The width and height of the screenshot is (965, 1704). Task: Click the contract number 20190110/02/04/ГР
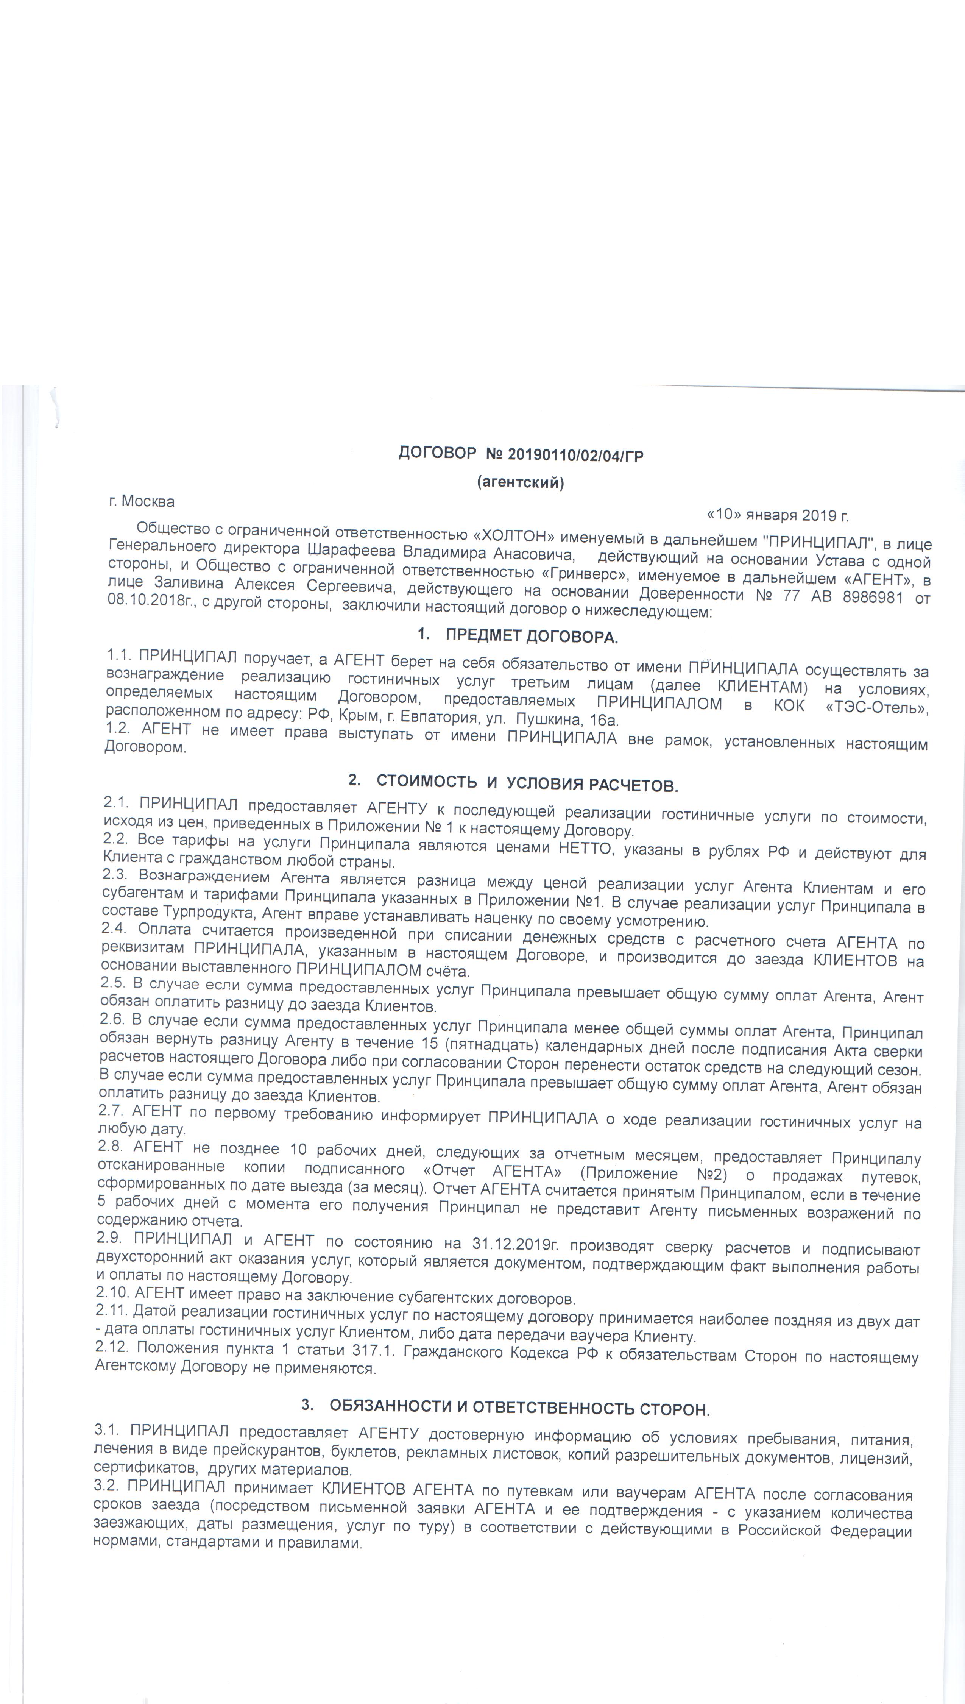click(575, 455)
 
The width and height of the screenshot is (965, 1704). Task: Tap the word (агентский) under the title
click(520, 482)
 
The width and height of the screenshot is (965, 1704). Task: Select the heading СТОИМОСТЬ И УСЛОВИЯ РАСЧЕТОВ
click(527, 784)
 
